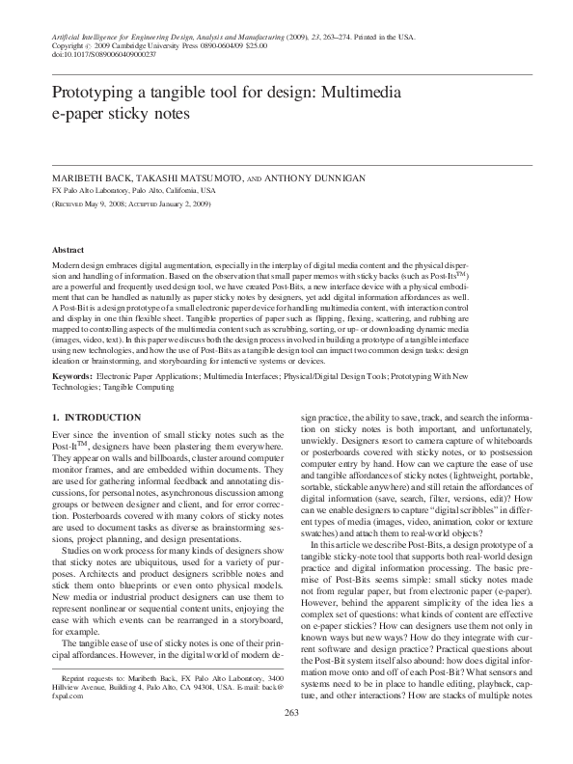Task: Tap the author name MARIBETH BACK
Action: click(91, 179)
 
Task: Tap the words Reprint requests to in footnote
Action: click(88, 680)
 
